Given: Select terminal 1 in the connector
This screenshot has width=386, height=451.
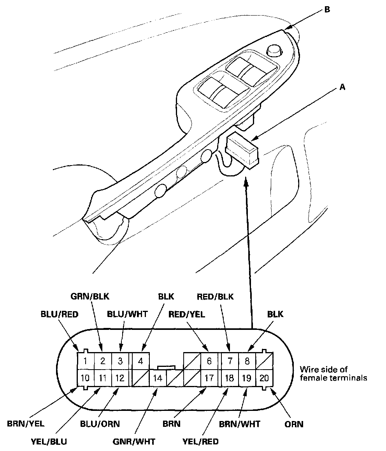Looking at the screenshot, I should click(x=85, y=361).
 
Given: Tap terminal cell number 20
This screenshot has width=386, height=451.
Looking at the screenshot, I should click(x=264, y=377).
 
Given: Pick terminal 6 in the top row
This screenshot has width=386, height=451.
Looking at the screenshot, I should click(x=209, y=361).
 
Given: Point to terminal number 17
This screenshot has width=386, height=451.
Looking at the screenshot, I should click(x=209, y=378).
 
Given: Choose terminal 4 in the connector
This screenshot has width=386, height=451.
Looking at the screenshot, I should click(x=140, y=361).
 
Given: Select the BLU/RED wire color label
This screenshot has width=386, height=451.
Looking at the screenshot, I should click(x=60, y=314).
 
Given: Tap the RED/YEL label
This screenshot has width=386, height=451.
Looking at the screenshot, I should click(x=187, y=314).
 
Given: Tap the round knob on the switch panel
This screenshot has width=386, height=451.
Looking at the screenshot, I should click(x=274, y=51).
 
